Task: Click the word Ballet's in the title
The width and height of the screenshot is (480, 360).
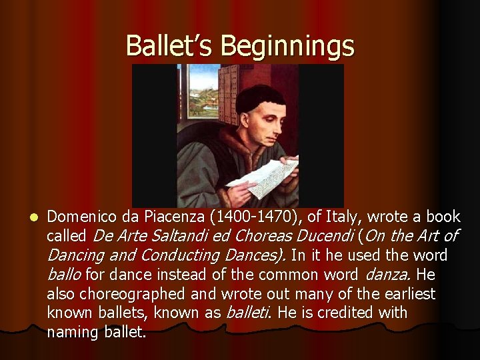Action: (x=169, y=45)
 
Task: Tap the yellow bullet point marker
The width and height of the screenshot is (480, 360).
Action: (x=25, y=217)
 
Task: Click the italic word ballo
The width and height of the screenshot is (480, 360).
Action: (x=64, y=274)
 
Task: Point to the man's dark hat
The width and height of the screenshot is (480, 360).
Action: (x=261, y=97)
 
